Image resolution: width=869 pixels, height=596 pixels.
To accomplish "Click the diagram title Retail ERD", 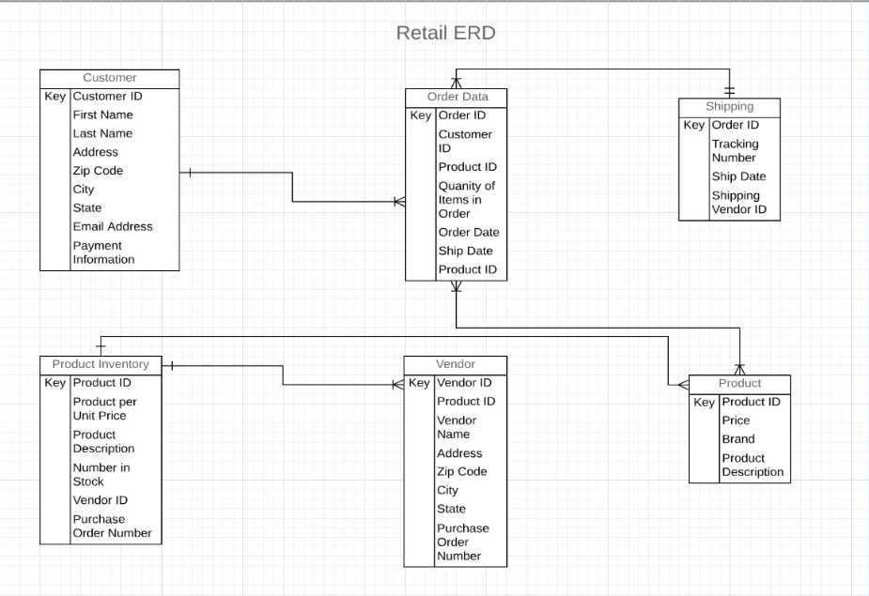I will point(445,34).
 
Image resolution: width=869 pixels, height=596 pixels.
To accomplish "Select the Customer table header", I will point(109,78).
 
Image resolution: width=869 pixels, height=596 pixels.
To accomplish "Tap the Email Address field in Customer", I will point(112,226).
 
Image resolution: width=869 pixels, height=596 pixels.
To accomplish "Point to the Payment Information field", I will point(103,252).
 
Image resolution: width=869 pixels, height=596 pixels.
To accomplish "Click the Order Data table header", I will point(457,98).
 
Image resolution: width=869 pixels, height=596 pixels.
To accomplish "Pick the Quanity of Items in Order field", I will point(466,199).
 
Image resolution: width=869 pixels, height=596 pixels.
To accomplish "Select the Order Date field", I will point(469,232).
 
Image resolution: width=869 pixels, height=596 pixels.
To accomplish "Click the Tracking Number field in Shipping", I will point(734,150).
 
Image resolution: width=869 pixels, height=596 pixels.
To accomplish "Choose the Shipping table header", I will point(729,106).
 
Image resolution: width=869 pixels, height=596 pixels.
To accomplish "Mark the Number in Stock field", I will point(101,474).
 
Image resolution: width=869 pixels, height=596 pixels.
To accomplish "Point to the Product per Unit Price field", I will point(104,408).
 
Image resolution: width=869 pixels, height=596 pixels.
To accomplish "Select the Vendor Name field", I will point(457,427).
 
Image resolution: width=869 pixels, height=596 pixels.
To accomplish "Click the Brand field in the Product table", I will point(737,439).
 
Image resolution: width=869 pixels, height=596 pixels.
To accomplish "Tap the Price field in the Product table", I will point(736,420).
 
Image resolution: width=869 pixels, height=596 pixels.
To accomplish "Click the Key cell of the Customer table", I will point(54,96).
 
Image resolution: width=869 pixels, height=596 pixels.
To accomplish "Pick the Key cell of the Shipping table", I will point(693,125).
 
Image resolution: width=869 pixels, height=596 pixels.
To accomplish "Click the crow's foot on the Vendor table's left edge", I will point(398,384).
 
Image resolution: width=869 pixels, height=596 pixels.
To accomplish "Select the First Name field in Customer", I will point(102,115).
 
